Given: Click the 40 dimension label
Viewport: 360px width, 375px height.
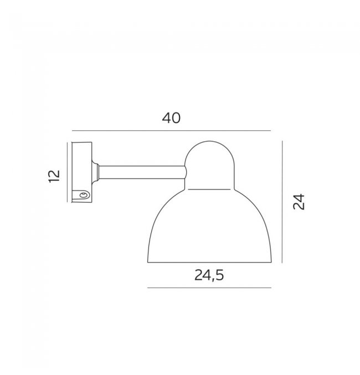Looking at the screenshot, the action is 171,118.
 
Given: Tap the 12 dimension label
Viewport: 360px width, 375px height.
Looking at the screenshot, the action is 54,176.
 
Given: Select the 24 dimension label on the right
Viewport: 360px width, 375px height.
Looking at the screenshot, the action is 299,202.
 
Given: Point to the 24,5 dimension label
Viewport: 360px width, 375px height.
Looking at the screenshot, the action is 209,275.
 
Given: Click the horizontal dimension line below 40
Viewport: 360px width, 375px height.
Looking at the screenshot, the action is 171,131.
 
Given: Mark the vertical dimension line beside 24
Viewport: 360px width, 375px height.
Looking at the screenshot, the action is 282,202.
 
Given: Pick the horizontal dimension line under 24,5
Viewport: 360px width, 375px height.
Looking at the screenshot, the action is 209,287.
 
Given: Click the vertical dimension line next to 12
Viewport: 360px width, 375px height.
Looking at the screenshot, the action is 67,172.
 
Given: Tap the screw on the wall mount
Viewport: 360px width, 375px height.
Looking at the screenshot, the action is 84,195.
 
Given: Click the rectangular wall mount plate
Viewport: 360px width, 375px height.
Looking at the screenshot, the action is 82,172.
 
